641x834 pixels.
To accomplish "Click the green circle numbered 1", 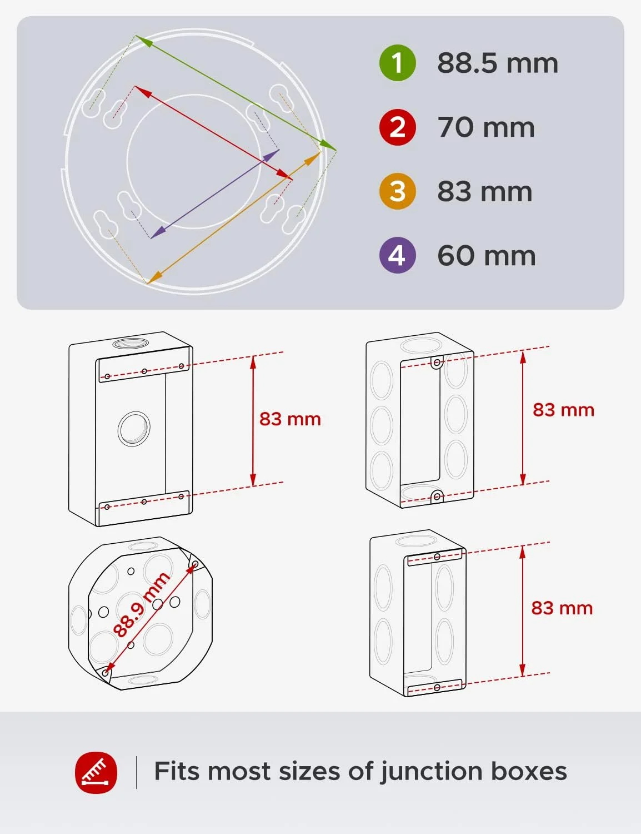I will tap(397, 63).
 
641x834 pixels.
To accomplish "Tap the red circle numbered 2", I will tap(397, 127).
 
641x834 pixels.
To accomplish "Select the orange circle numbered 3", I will tap(397, 191).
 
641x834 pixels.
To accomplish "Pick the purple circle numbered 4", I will tap(397, 255).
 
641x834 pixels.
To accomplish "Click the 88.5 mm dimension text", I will tap(497, 63).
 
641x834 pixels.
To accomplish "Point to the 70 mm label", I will tap(486, 127).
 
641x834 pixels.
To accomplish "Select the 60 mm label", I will tap(486, 256).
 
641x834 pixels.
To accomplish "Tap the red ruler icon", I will tap(96, 772).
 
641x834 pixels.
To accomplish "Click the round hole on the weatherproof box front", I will tap(134, 428).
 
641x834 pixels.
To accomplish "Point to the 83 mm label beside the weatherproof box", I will tap(290, 419).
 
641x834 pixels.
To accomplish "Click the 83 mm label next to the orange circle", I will tap(484, 191).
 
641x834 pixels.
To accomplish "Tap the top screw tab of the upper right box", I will tap(437, 363).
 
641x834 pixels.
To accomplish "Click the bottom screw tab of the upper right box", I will tap(437, 497).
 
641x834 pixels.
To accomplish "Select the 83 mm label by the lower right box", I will tap(562, 608).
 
